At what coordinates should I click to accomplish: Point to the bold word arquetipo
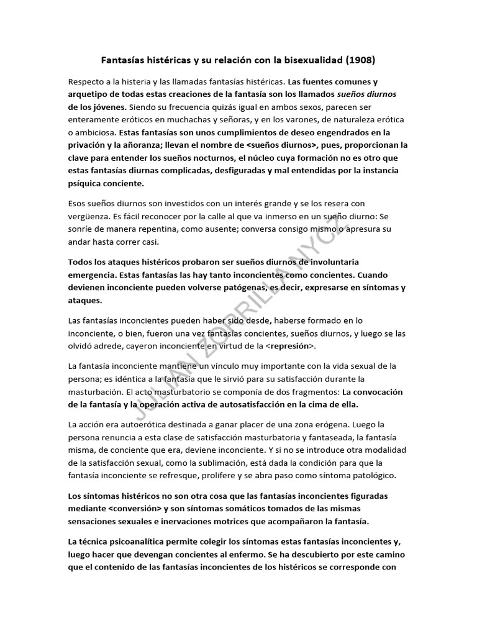tap(90, 94)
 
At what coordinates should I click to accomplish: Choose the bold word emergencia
tap(94, 274)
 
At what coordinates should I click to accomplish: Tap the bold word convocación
tap(373, 392)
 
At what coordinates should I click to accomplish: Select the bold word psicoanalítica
tap(143, 542)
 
